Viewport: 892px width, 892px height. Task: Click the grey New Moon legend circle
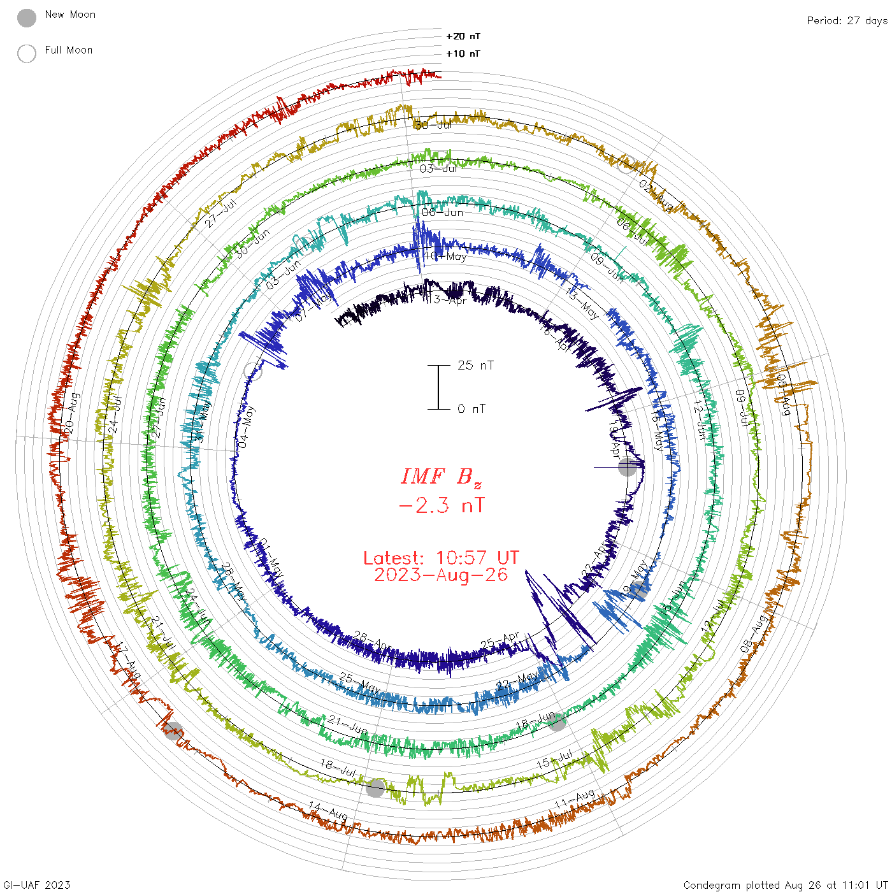27,18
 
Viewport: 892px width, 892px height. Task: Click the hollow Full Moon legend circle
27,54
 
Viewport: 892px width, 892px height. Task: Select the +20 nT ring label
463,36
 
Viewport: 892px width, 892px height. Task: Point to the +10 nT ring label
463,54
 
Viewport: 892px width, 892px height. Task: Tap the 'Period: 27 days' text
847,20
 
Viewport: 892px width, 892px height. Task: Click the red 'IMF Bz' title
441,477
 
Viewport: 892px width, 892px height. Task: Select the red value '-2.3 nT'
441,505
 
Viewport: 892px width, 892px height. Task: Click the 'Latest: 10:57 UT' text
441,558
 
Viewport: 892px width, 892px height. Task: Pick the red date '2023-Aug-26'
441,575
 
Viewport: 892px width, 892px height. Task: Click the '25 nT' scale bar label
475,365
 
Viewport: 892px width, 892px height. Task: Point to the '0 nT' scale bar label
471,408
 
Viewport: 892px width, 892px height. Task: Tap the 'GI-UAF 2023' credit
37,884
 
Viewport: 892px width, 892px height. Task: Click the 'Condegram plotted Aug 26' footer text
785,884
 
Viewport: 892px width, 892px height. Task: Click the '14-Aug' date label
328,811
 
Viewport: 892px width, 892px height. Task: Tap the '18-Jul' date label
338,767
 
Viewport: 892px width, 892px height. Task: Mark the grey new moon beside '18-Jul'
375,788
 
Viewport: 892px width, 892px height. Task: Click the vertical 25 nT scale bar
438,387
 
